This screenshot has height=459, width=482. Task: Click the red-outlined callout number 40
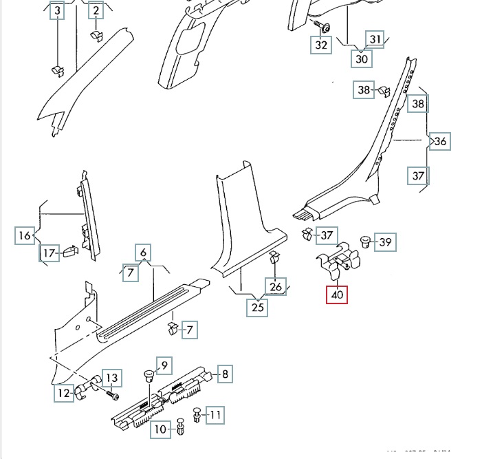[x=338, y=295]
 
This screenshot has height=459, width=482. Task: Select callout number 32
[x=322, y=45]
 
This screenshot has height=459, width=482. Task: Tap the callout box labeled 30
[x=362, y=58]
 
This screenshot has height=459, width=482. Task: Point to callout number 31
[x=375, y=39]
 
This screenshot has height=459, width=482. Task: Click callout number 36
[x=440, y=142]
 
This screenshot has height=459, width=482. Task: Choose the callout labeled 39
[x=386, y=242]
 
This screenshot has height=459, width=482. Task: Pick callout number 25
[x=258, y=307]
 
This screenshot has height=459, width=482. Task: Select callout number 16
[x=25, y=235]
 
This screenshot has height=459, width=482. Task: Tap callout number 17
[x=48, y=254]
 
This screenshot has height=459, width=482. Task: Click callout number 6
[x=143, y=253]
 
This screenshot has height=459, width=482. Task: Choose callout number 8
[x=224, y=374]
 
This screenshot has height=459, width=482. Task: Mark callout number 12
[x=64, y=393]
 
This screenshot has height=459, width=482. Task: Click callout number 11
[x=215, y=414]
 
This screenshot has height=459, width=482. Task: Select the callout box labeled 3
[x=57, y=11]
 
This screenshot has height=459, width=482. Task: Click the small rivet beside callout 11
[x=197, y=415]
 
